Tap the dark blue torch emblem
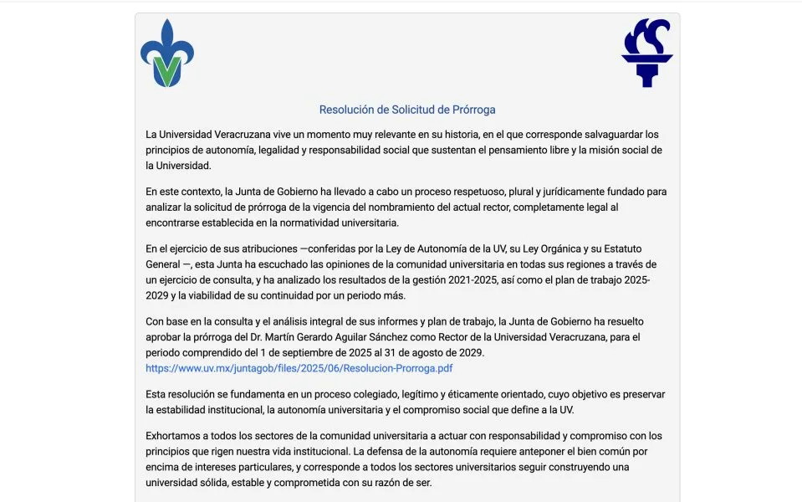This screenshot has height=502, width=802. [646, 52]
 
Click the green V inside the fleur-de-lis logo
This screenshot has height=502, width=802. [167, 71]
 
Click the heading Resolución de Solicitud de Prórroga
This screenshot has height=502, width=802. [407, 110]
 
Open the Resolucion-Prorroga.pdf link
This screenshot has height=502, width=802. [299, 368]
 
